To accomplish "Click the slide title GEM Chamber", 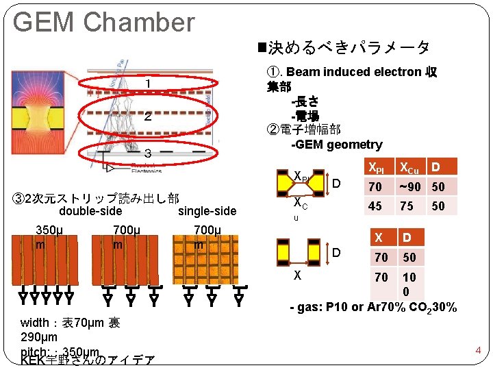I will pyautogui.click(x=103, y=22).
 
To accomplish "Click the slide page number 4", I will pyautogui.click(x=479, y=351).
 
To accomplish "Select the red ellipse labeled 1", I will pyautogui.click(x=147, y=84).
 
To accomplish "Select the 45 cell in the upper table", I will pyautogui.click(x=375, y=206).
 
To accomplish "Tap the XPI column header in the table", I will pyautogui.click(x=377, y=167).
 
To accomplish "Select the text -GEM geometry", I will pyautogui.click(x=336, y=144).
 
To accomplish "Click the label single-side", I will pyautogui.click(x=207, y=211).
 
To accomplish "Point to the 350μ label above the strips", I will pyautogui.click(x=50, y=229).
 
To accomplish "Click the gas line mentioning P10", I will pyautogui.click(x=373, y=307).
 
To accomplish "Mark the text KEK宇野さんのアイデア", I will pyautogui.click(x=88, y=361).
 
